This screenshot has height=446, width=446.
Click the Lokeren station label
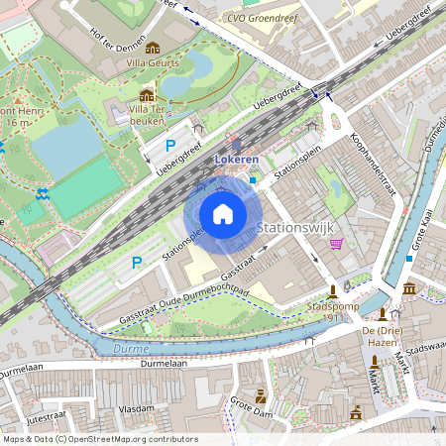pos(236,160)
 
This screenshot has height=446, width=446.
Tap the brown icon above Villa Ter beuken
pos(147,95)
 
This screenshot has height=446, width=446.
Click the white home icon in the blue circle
pos(223,214)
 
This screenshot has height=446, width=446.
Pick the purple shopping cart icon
pos(336,244)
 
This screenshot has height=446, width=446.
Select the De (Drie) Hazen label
pos(382,334)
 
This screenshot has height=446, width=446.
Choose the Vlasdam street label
pos(136,407)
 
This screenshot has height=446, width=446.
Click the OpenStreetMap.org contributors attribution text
pos(135,438)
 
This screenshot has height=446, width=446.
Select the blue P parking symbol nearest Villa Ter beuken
pos(170,145)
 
